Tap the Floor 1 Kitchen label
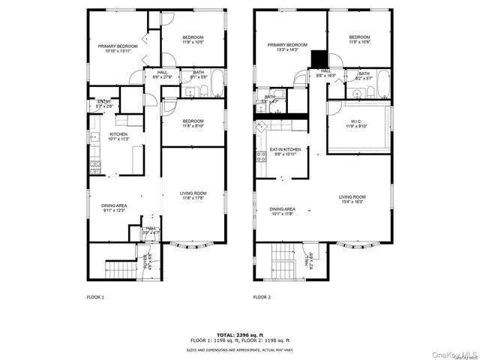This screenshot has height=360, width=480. tap(98, 134)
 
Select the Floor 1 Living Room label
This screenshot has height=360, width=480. tap(193, 193)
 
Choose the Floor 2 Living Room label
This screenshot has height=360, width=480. tap(352, 198)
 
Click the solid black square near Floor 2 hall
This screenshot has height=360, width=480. tap(318, 58)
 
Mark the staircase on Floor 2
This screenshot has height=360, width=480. tap(283, 261)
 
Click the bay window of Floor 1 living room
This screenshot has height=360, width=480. tap(192, 244)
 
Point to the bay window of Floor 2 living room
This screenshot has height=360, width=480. tap(356, 244)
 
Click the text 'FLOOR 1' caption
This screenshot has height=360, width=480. tap(95, 297)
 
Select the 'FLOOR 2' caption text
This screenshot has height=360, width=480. tap(261, 297)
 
